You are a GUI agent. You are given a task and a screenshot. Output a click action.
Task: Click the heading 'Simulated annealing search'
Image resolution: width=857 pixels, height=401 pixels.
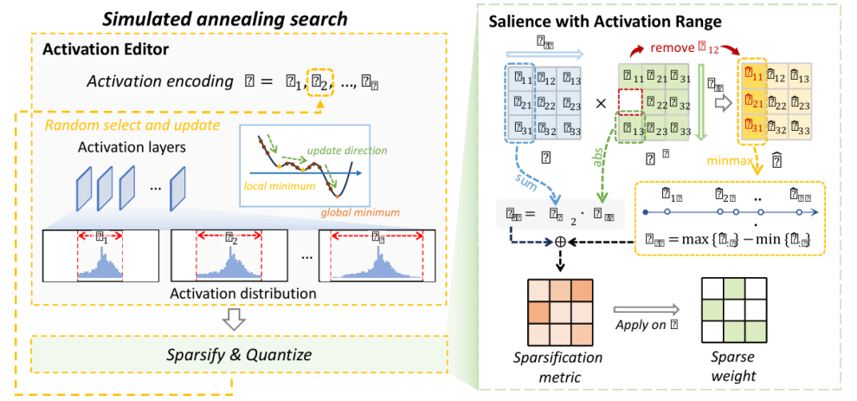224,18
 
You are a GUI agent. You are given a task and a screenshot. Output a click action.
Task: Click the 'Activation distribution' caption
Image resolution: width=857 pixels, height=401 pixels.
230,294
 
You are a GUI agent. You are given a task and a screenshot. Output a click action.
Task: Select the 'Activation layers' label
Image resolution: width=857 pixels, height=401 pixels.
132,147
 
